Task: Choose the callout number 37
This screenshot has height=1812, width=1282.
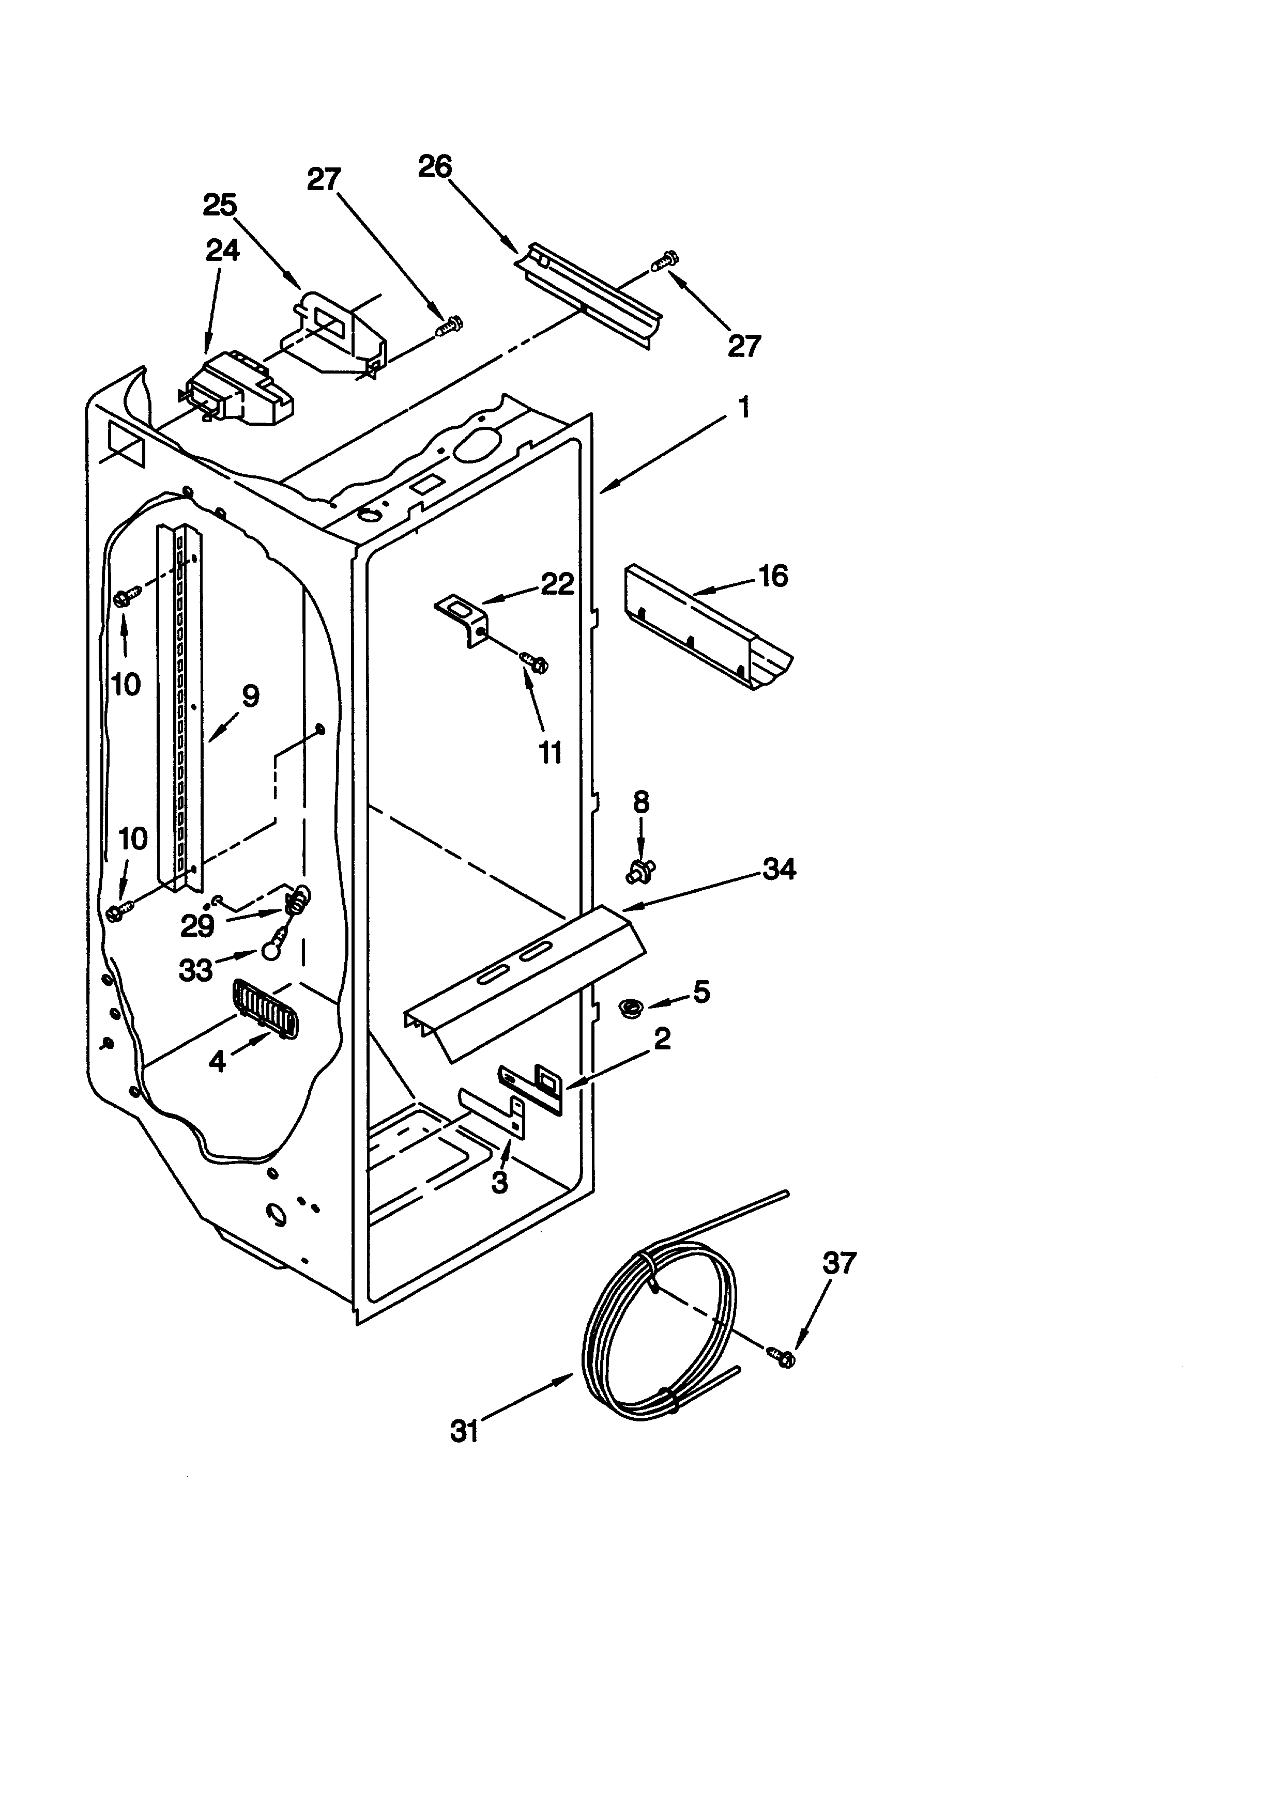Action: [839, 1263]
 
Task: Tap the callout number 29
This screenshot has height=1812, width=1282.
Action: [197, 926]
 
